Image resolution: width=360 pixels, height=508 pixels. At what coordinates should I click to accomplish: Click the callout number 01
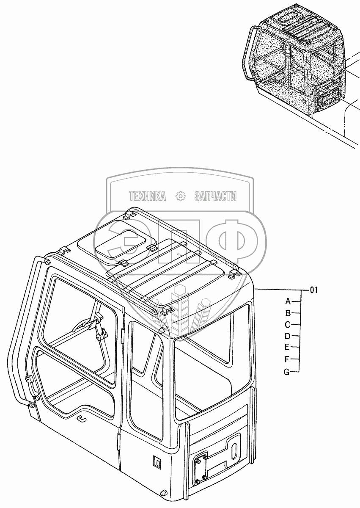[313, 290]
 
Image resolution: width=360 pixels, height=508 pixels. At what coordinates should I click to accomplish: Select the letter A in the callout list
[288, 301]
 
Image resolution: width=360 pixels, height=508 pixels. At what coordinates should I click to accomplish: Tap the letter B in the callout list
[288, 313]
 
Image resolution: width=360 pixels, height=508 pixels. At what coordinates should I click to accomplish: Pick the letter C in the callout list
[288, 325]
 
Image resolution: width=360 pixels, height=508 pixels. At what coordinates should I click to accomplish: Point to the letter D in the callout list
[288, 337]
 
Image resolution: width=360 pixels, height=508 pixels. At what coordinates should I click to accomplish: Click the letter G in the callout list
[286, 372]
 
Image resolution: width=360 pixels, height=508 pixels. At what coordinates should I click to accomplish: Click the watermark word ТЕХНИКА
[147, 196]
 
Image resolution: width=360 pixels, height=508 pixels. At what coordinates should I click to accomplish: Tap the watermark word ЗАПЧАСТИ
[215, 196]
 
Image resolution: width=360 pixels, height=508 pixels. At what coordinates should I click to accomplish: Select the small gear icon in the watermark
[181, 196]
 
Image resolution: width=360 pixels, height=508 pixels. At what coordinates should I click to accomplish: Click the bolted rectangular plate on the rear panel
[199, 468]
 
